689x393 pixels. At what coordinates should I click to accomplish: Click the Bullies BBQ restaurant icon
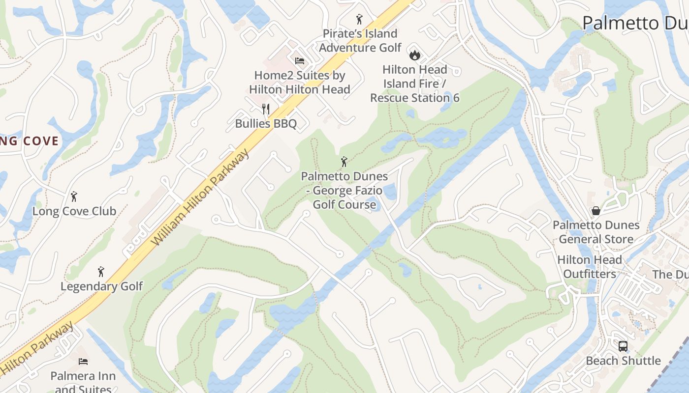pos(266,109)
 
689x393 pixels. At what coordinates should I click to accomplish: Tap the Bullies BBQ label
pos(266,123)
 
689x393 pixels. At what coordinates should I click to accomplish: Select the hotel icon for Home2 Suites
pos(299,61)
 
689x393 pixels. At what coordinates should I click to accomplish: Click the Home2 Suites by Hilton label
pos(300,83)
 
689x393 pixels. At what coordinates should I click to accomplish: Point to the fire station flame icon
pos(414,55)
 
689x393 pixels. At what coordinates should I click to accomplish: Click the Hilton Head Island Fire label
pos(415,84)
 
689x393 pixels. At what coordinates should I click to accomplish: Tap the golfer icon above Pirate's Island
pos(359,19)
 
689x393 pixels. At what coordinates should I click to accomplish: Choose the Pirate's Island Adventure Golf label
pos(360,41)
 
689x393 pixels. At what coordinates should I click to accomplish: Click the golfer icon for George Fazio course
pos(344,162)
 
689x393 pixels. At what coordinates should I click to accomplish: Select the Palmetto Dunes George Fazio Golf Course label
pos(344,190)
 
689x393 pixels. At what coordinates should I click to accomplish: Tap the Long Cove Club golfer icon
pos(74,196)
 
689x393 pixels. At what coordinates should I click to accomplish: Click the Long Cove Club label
pos(74,211)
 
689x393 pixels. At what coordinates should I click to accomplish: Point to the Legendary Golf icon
pos(101,272)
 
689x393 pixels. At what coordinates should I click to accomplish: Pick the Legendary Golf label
pos(102,286)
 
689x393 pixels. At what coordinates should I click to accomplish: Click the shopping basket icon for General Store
pos(595,211)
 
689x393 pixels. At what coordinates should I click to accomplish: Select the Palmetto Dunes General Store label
pos(596,232)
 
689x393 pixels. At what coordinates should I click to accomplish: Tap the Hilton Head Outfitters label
pos(590,267)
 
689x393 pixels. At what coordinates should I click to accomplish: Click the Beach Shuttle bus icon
pos(623,346)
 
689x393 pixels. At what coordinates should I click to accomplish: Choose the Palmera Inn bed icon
pos(83,362)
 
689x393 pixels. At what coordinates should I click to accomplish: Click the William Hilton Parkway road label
pos(200,197)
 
